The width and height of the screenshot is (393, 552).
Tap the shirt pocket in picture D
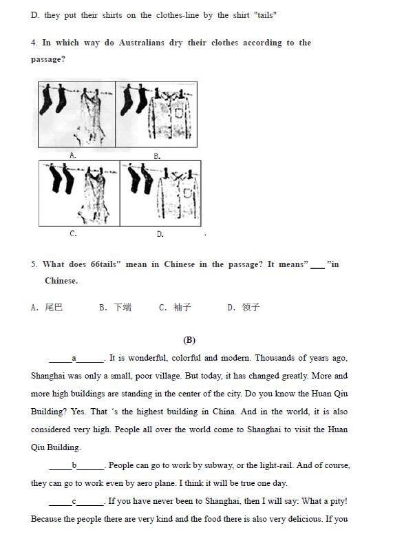pos(188,193)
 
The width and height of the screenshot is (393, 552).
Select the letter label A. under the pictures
pos(73,155)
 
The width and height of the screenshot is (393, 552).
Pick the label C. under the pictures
pos(73,233)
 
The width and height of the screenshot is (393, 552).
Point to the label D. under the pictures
pos(160,234)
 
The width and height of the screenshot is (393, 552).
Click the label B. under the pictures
pos(157,156)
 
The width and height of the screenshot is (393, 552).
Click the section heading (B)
pos(189,340)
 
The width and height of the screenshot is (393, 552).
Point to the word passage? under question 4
pos(48,59)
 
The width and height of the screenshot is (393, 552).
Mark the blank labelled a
pos(76,359)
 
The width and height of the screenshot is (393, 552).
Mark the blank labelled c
pos(76,502)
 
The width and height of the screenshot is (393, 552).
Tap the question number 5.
pos(34,264)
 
